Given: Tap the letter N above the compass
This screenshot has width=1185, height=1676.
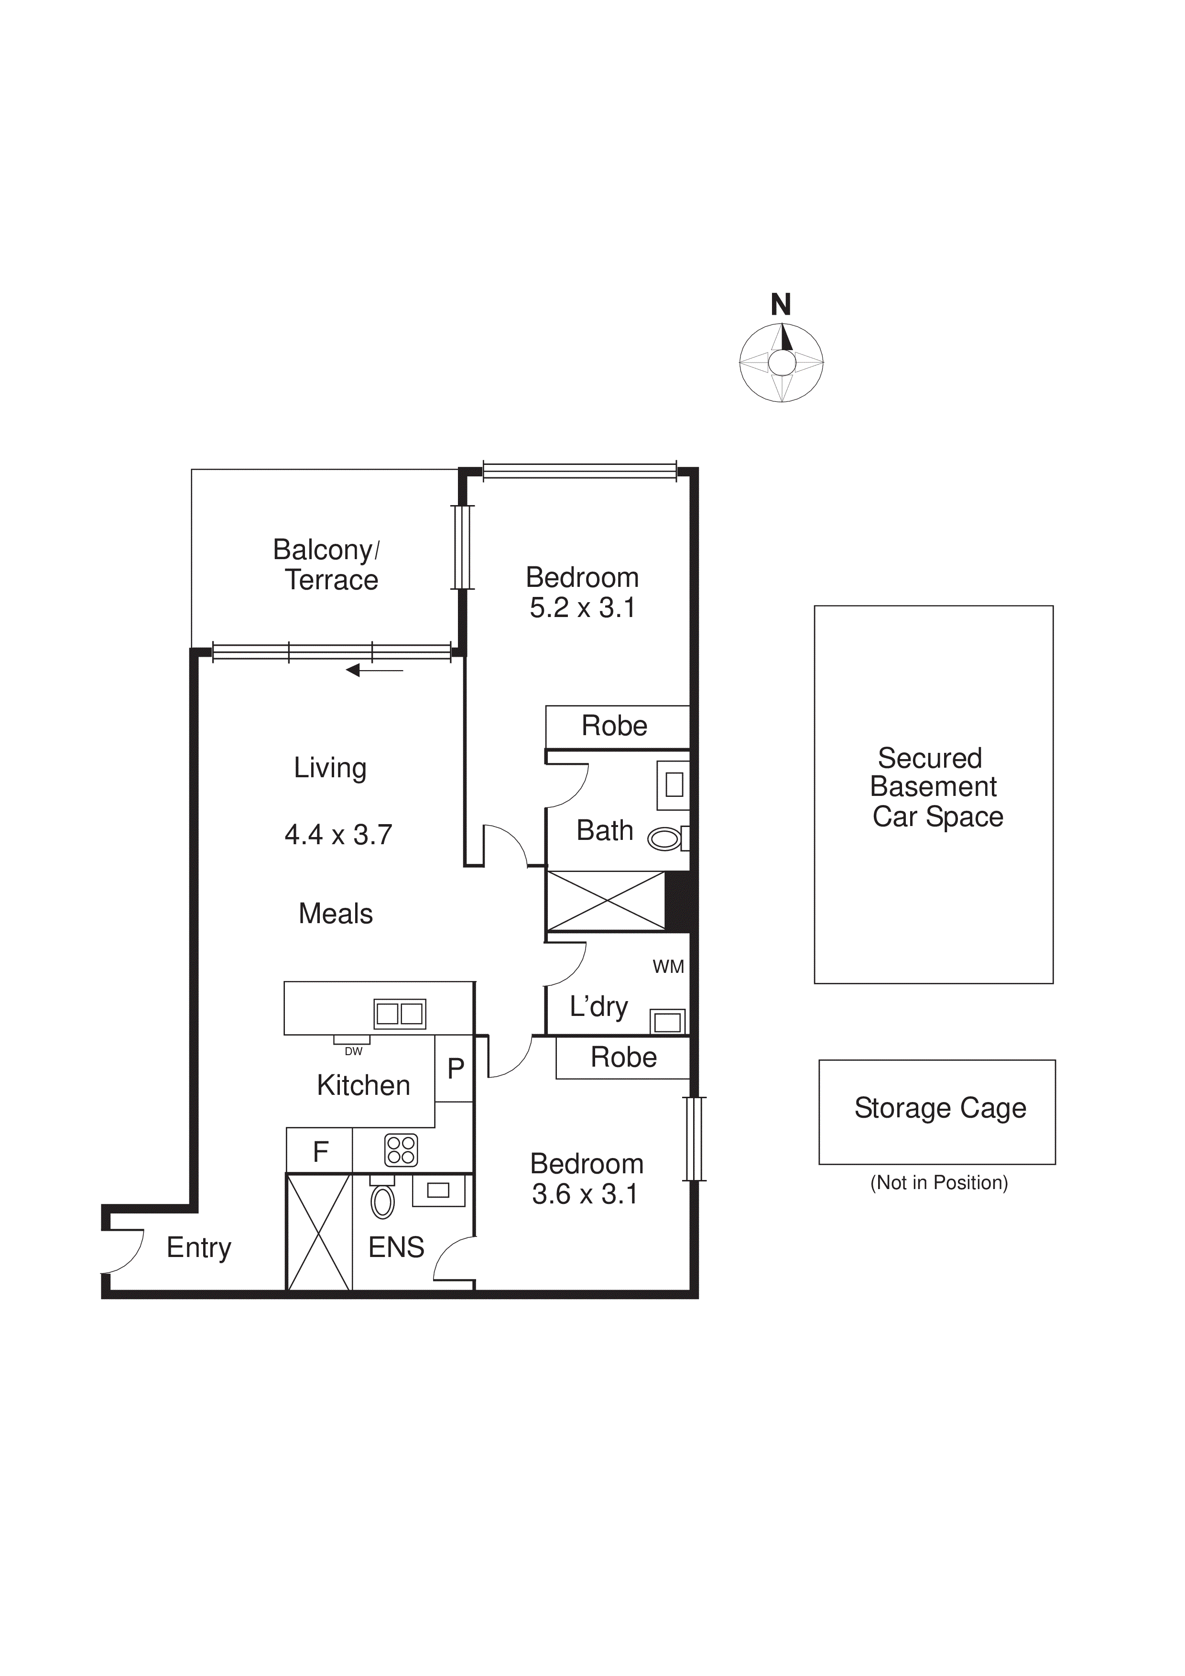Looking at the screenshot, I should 781,304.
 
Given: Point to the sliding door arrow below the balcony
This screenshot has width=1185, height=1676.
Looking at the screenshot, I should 374,670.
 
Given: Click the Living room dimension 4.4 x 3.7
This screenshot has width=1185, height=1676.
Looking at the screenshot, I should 338,834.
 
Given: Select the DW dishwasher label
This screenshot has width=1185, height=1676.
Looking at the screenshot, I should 353,1051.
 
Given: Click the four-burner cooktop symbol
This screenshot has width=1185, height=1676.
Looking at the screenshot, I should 401,1150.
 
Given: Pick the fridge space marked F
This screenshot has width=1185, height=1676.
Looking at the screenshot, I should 320,1152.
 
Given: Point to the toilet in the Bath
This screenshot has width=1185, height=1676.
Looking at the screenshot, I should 665,839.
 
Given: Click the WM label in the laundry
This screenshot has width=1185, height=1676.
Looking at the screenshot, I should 668,967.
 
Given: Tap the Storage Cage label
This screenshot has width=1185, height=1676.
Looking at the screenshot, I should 940,1109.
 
